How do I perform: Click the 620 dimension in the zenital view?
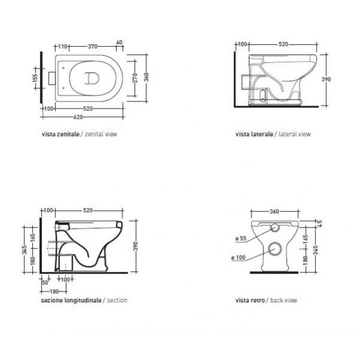78,117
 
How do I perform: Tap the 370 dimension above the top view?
93,47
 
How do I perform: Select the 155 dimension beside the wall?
35,78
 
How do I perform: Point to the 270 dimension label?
135,78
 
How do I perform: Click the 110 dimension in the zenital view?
62,47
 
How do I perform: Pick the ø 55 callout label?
241,239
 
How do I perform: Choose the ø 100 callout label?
239,257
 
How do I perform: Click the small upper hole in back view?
275,227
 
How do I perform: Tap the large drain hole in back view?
275,248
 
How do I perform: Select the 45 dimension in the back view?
320,223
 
